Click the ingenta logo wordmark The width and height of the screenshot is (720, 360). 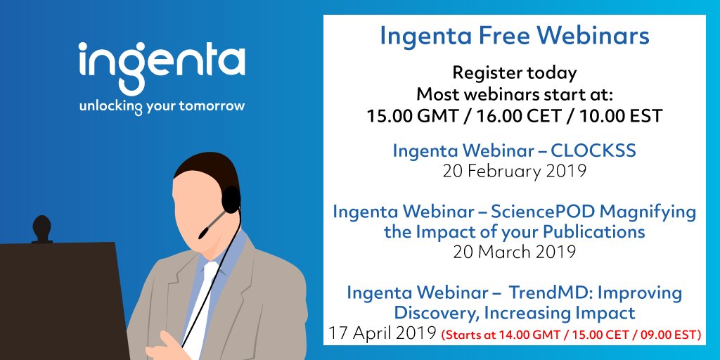pyautogui.click(x=162, y=67)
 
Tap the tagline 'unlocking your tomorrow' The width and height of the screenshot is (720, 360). pyautogui.click(x=162, y=107)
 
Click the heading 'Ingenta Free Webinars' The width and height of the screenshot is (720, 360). pyautogui.click(x=515, y=35)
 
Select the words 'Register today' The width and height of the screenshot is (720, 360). pyautogui.click(x=515, y=72)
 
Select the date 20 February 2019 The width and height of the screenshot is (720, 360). pyautogui.click(x=515, y=169)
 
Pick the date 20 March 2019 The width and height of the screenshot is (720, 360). pyautogui.click(x=515, y=252)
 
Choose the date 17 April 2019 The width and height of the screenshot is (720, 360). pyautogui.click(x=381, y=333)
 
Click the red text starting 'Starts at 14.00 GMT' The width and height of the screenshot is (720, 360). pyautogui.click(x=570, y=335)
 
